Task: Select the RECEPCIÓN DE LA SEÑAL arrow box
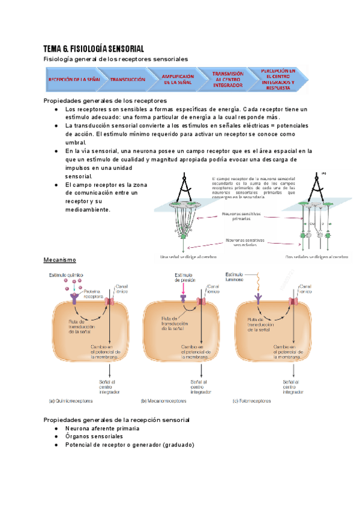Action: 73,79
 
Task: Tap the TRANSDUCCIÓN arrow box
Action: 128,79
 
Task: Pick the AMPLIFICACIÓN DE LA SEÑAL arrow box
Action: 178,79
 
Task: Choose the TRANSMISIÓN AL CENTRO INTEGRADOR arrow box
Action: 228,79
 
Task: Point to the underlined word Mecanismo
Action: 59,260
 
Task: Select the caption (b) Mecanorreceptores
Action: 166,400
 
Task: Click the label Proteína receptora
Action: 94,294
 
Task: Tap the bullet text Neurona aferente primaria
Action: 102,429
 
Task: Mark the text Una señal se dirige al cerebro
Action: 189,257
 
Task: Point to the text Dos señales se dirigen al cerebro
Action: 316,257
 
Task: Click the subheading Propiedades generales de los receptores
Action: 106,100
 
